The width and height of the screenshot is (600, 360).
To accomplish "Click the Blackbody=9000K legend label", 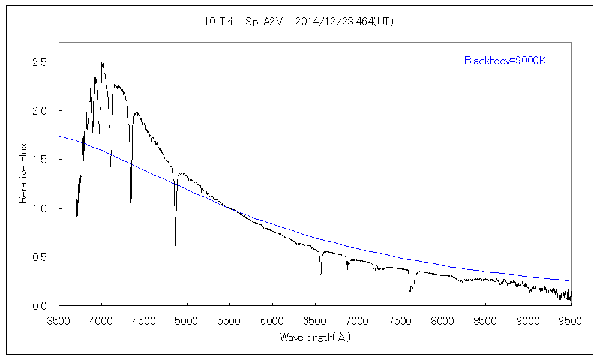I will [505, 61].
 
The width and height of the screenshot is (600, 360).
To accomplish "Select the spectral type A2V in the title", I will [259, 22].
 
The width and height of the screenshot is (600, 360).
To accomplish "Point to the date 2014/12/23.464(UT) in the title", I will [345, 22].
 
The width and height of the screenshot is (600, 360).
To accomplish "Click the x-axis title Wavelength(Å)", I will [315, 337].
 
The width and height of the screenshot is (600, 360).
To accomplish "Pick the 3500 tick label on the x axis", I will [59, 320].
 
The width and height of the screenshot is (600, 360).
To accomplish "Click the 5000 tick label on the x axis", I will [187, 320].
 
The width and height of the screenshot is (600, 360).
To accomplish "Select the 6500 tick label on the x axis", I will [315, 320].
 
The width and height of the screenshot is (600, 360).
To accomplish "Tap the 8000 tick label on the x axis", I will [443, 320].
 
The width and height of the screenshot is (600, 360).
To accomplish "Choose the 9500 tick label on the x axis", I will [571, 320].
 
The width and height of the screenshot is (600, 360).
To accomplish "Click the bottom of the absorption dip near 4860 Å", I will [175, 245].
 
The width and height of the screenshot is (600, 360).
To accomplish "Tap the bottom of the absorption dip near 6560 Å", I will [320, 275].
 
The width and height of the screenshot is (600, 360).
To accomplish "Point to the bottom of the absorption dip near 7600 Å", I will [410, 293].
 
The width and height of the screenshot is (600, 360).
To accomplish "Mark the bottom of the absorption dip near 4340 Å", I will [131, 203].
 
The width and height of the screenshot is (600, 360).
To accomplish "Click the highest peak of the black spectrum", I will [102, 63].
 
